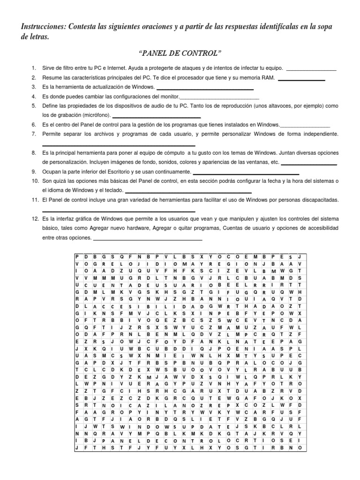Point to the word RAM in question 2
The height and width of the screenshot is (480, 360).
(269, 77)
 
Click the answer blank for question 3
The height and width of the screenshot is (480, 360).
(205, 88)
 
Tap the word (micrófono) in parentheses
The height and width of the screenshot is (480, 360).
(92, 115)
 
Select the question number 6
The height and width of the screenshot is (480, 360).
(34, 125)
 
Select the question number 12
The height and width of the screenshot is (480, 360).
(35, 218)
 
